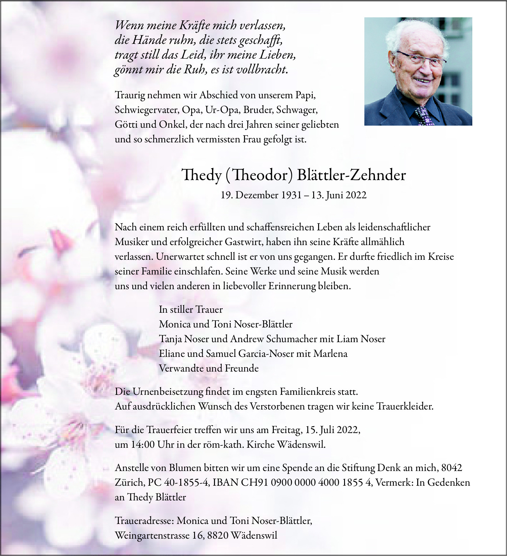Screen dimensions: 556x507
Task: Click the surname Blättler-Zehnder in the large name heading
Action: tap(351, 175)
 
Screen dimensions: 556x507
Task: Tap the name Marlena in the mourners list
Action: tap(330, 354)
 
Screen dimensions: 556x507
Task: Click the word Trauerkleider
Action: tap(405, 406)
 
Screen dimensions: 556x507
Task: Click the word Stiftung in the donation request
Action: tap(358, 468)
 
